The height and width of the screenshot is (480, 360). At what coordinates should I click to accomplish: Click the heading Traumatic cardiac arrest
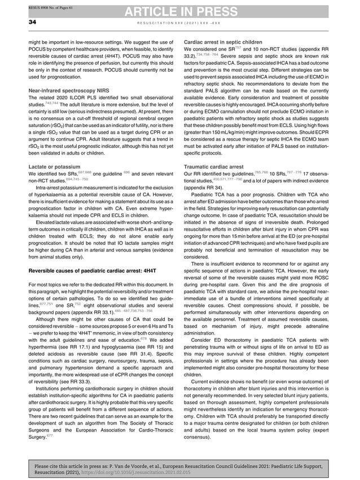click(x=211, y=167)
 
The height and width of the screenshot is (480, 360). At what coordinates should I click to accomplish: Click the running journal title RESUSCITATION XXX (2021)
click(x=179, y=22)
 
